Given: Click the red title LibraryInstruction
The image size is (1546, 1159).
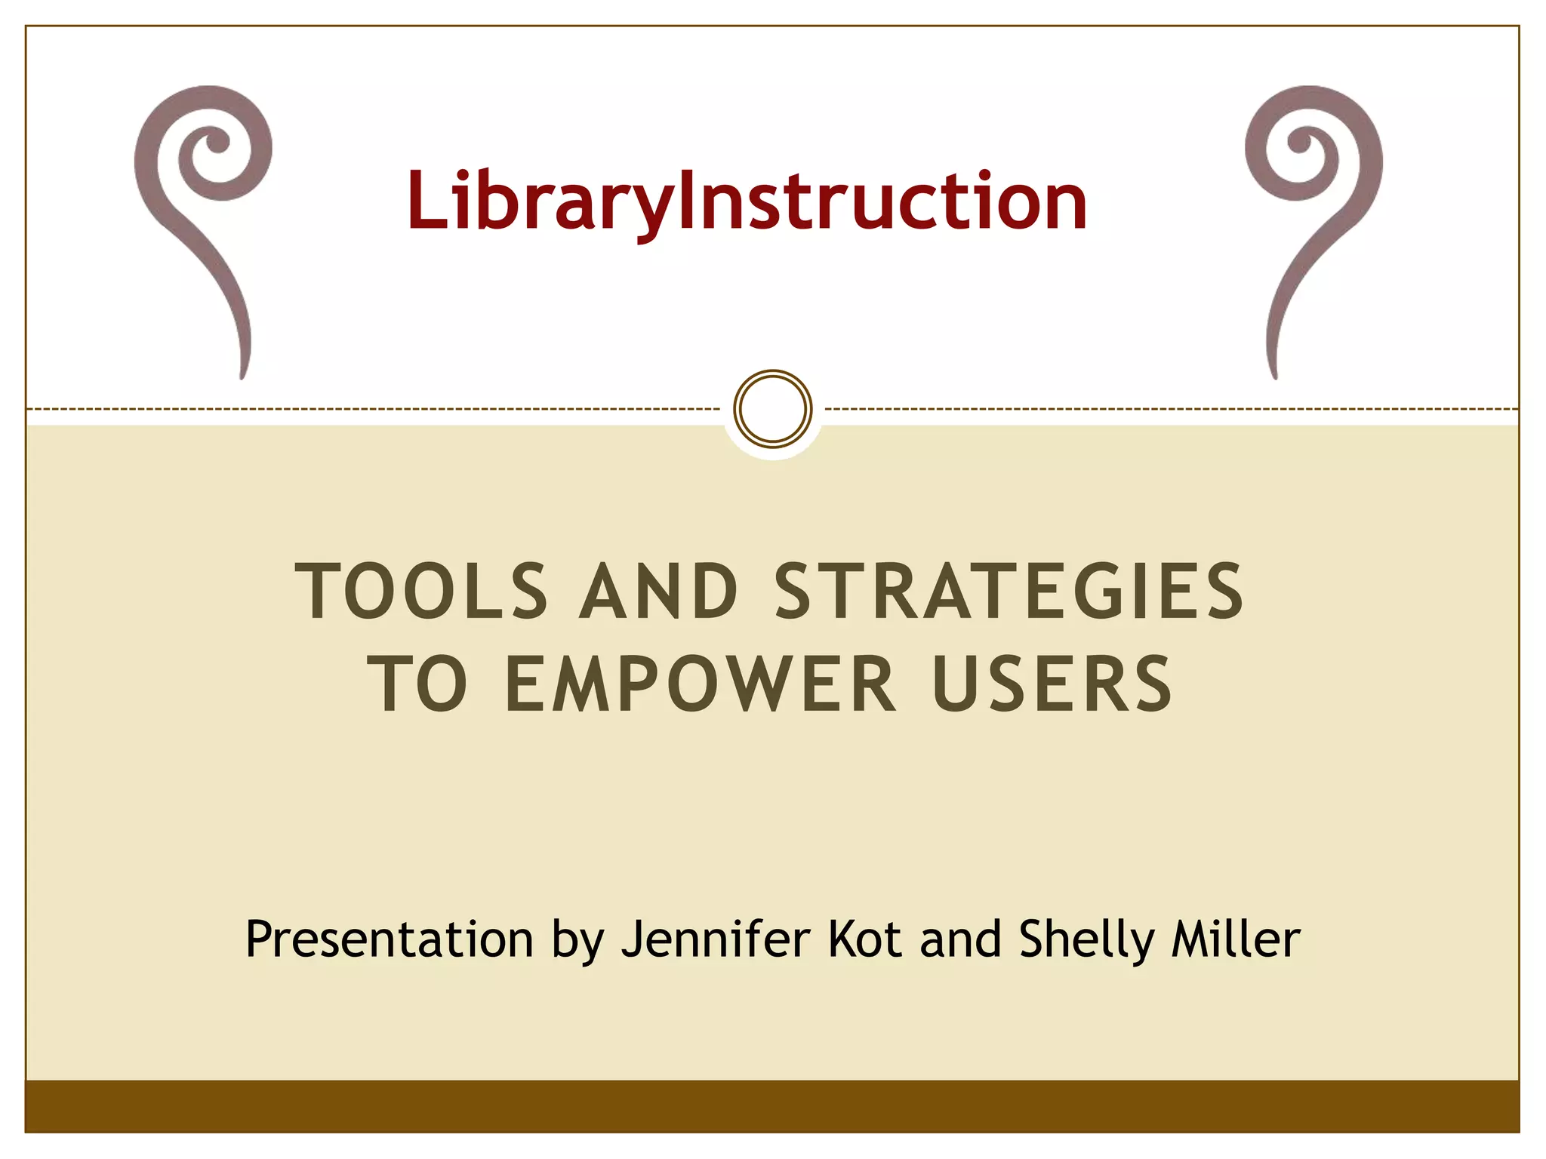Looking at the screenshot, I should click(x=746, y=201).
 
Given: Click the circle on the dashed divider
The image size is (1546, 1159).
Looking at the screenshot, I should click(x=773, y=408).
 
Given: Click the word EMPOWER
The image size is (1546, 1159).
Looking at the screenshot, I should click(x=701, y=684).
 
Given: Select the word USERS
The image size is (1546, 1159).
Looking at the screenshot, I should click(x=1052, y=684).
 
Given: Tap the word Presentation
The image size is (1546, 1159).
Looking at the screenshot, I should click(x=390, y=939).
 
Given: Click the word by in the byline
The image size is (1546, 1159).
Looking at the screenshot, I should click(x=577, y=941).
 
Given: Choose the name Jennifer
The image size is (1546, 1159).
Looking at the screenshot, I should click(x=716, y=939).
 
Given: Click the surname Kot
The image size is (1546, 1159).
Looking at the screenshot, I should click(x=864, y=939).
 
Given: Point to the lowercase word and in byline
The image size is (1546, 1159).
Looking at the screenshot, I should click(x=960, y=939).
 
